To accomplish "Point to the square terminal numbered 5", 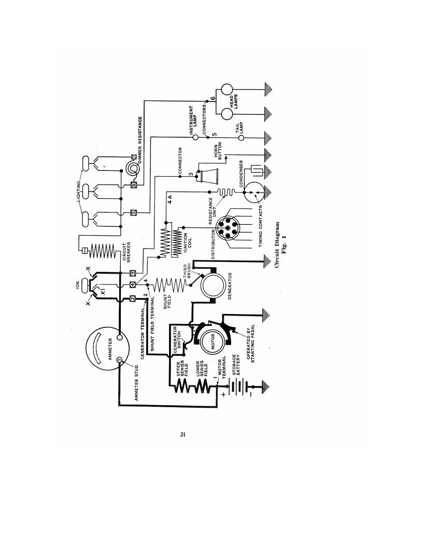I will (x=133, y=212).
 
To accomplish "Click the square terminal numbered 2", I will (x=133, y=298).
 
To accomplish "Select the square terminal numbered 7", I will (x=133, y=156).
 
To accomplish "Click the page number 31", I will (x=183, y=435).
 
